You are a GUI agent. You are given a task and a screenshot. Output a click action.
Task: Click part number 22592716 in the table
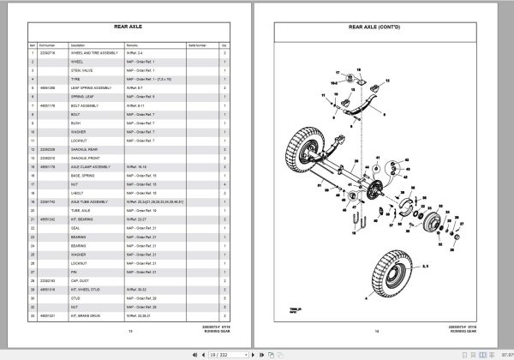(x=45, y=53)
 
